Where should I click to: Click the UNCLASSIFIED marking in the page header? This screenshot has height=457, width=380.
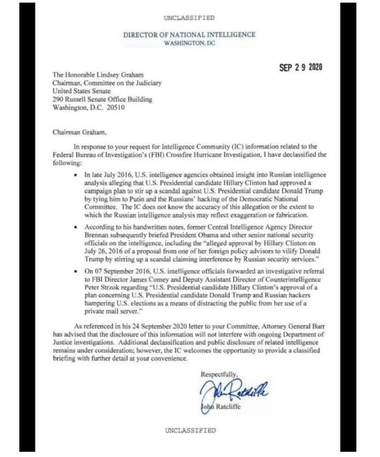(189, 18)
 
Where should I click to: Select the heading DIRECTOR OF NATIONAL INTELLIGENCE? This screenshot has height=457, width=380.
(189, 35)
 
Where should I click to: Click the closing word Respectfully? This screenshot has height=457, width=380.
(219, 374)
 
